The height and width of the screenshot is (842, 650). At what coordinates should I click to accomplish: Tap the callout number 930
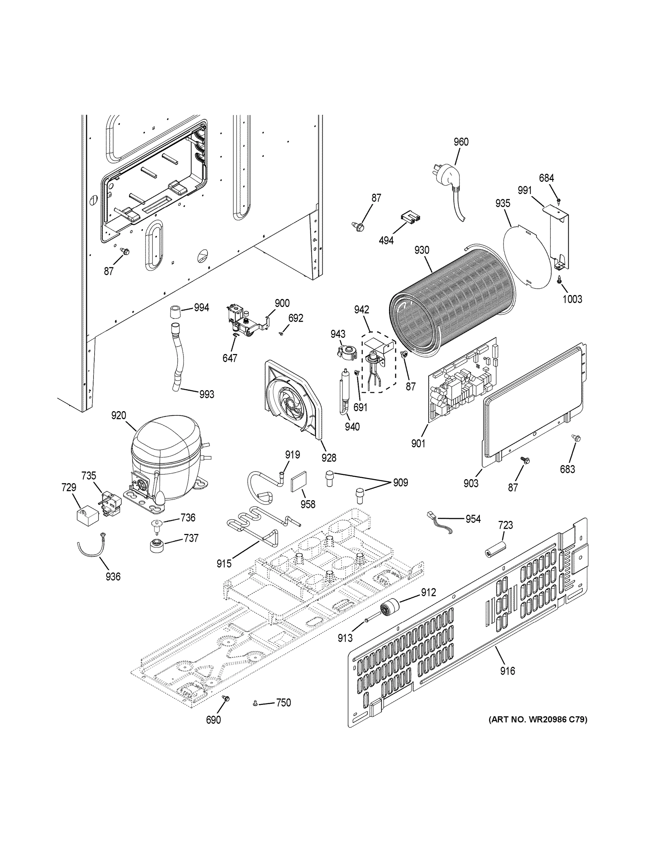click(x=421, y=250)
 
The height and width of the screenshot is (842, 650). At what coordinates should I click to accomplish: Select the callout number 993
click(x=206, y=394)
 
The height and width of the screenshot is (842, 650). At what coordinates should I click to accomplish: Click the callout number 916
click(x=507, y=671)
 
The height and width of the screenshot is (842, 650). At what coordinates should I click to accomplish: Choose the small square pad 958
click(x=297, y=483)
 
